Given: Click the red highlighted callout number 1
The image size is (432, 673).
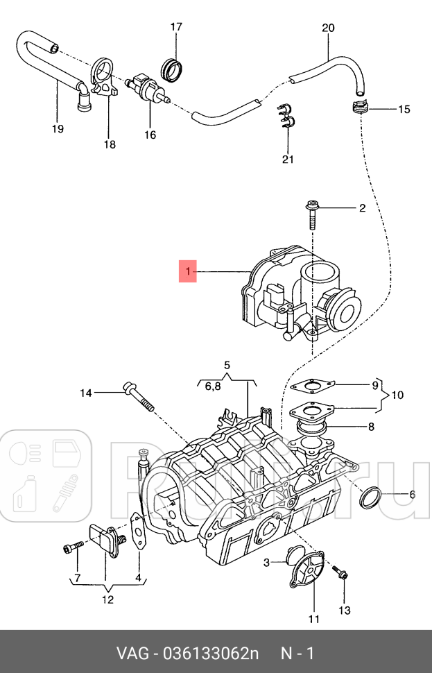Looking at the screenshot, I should click(x=187, y=271).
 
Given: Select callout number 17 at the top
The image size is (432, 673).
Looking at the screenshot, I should click(x=176, y=27).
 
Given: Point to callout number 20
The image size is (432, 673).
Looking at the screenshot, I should click(x=328, y=28).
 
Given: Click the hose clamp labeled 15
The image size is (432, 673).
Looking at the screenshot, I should click(x=358, y=108).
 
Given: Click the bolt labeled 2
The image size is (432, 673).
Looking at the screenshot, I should click(x=311, y=217).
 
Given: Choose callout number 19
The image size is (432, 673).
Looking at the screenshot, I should click(x=58, y=128).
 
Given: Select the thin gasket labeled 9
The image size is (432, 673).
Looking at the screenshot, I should click(x=314, y=385).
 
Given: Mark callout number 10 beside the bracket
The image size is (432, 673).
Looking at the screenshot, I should click(x=396, y=395).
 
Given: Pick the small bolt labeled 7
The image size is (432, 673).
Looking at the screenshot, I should click(x=70, y=549).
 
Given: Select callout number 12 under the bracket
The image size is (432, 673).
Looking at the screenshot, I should click(x=107, y=599).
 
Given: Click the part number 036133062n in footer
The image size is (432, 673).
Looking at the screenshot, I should click(x=211, y=654).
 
